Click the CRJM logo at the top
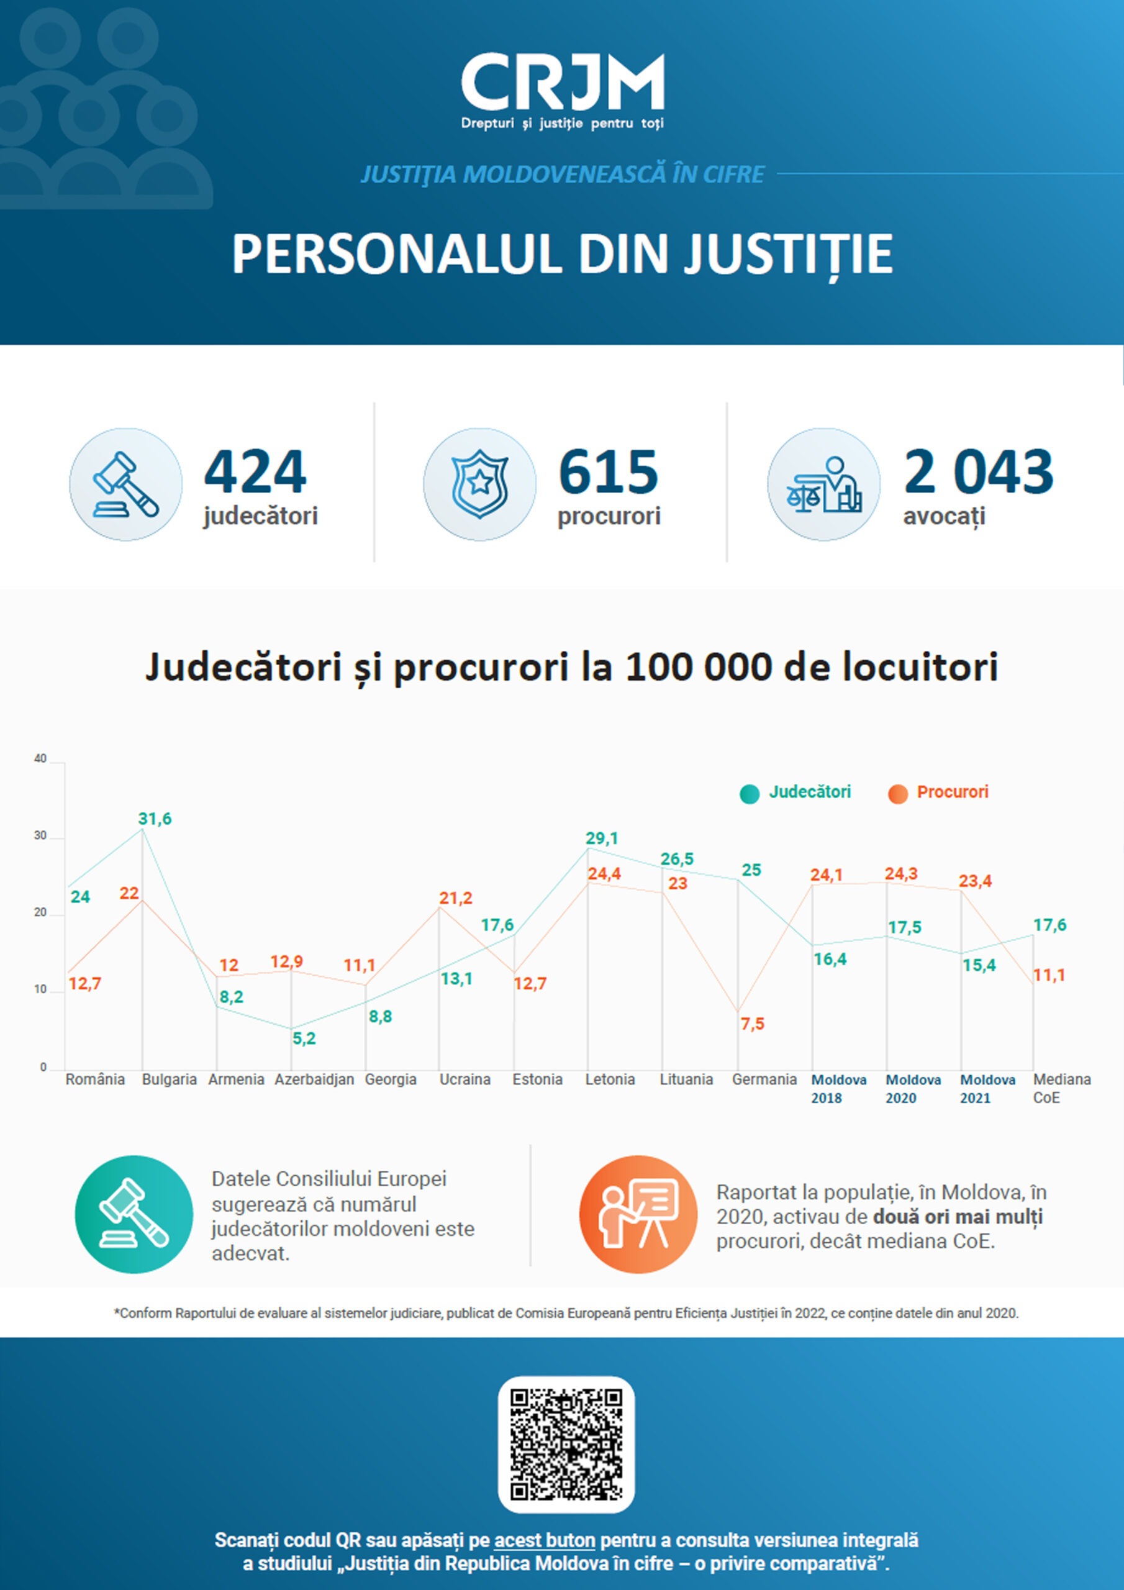click(x=563, y=90)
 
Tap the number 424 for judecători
click(x=255, y=471)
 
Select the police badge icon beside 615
click(x=479, y=484)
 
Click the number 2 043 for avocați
click(x=978, y=471)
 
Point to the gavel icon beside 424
click(x=126, y=484)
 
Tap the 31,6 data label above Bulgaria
click(x=155, y=819)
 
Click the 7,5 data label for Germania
click(x=752, y=1024)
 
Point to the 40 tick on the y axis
click(x=40, y=759)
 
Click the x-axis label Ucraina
click(x=465, y=1079)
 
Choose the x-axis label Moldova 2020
click(x=913, y=1089)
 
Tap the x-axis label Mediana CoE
click(x=1061, y=1089)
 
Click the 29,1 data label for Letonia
click(x=602, y=838)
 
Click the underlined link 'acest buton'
click(x=545, y=1540)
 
